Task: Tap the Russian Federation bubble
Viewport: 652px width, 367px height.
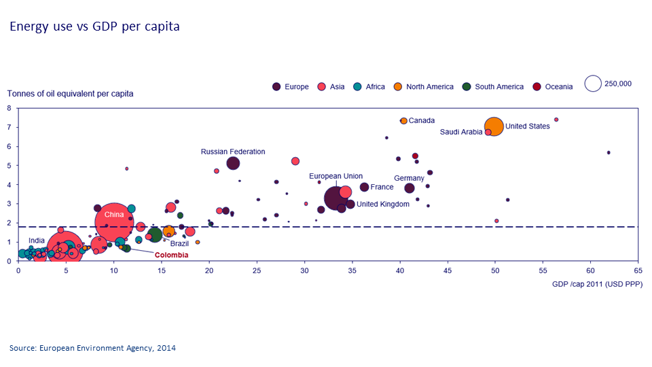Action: [x=233, y=163]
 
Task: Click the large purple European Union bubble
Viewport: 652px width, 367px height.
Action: [x=336, y=198]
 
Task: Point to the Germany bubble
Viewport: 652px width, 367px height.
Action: [x=410, y=188]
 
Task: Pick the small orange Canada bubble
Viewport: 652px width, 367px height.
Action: [x=404, y=120]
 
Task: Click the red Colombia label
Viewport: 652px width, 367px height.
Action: [x=171, y=256]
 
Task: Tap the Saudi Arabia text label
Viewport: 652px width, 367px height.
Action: [x=461, y=132]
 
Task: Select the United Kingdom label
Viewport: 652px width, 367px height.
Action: [x=383, y=204]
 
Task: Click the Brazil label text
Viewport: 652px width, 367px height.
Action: [x=179, y=243]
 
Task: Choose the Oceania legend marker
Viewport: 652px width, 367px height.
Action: [x=537, y=86]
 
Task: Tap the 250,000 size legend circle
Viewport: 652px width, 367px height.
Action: [x=593, y=84]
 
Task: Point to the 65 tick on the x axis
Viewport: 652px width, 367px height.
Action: [x=638, y=270]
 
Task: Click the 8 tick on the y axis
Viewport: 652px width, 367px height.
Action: [x=9, y=108]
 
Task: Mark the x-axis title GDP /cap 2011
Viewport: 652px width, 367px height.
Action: [x=598, y=283]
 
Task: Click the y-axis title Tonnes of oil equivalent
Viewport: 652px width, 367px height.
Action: [x=71, y=93]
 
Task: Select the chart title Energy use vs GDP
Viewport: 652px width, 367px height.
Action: [x=94, y=27]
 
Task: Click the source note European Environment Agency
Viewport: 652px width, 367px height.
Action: [x=92, y=348]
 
